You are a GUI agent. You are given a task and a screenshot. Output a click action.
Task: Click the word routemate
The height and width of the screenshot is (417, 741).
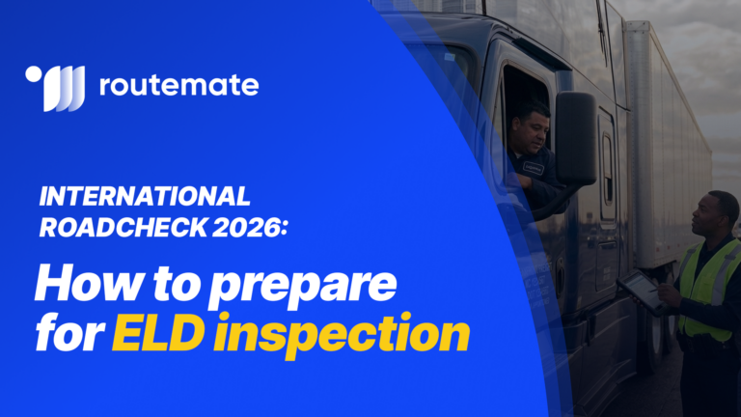coord(178,86)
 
